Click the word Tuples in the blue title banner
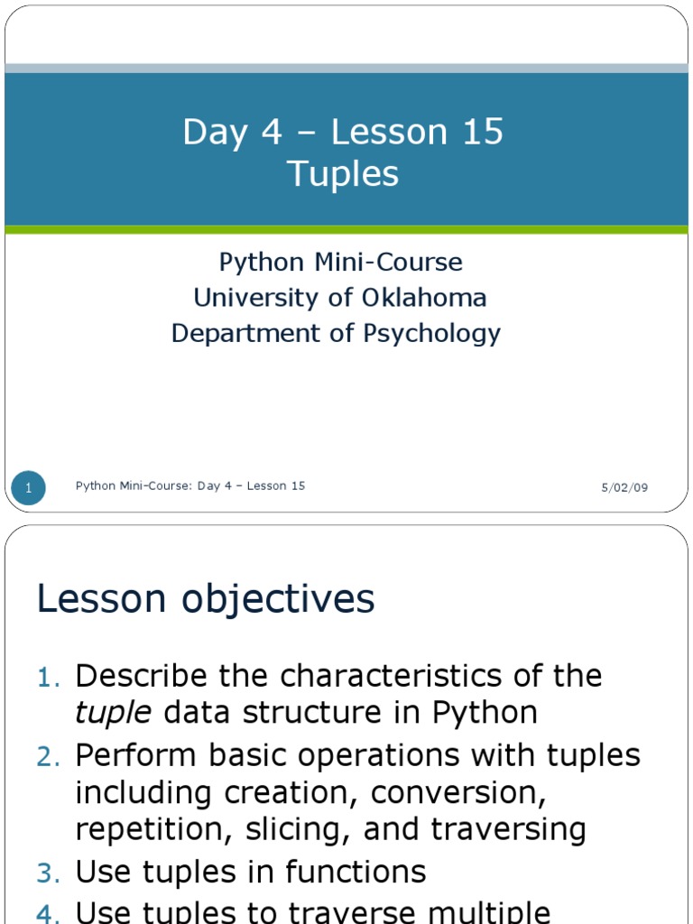(x=343, y=174)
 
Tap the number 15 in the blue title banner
(x=482, y=133)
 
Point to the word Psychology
(x=431, y=334)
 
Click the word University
(x=257, y=298)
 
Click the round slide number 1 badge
(x=29, y=488)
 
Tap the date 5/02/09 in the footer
(x=624, y=487)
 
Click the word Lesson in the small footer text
(x=263, y=486)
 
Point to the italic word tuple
(x=113, y=714)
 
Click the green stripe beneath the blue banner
(x=346, y=230)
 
